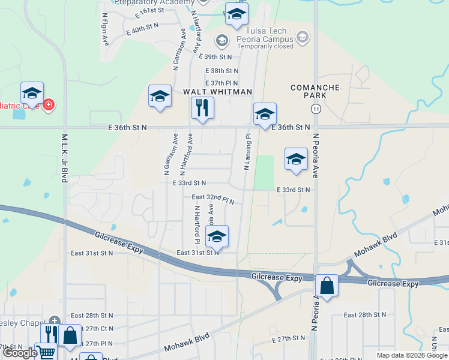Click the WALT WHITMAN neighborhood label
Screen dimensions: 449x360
[217, 91]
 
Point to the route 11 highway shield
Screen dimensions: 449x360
[315, 109]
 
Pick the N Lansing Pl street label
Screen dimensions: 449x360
[247, 152]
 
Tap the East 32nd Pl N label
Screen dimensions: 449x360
[212, 197]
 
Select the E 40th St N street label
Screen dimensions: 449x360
[142, 26]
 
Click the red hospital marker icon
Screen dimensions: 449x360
[48, 105]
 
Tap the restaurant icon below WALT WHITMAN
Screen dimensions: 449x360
[202, 108]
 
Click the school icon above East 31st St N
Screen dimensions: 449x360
[217, 236]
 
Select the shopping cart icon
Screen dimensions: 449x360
[45, 353]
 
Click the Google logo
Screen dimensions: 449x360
[20, 353]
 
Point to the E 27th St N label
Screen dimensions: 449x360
[290, 339]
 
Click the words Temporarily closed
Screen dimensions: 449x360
[268, 46]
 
